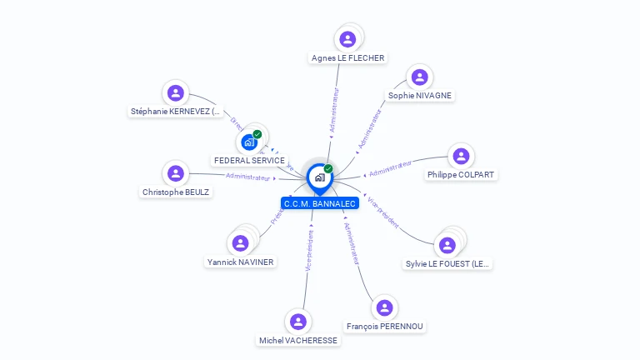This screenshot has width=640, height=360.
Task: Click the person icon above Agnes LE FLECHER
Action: pos(347,39)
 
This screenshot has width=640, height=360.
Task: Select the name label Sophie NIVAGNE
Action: pos(420,96)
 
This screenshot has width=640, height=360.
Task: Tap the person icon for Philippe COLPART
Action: pos(460,156)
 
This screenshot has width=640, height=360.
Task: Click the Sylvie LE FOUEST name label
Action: pos(447,264)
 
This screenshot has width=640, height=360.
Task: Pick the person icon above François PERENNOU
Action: pos(384,308)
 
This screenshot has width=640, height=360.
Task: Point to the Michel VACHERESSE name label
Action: pos(298,341)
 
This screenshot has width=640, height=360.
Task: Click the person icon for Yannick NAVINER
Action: pos(240,243)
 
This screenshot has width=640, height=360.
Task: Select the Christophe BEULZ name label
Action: pos(176,192)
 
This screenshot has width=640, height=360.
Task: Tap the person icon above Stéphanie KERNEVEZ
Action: pos(175,92)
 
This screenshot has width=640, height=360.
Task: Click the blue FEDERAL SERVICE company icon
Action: pos(248,142)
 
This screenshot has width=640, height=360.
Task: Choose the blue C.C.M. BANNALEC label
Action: pos(320,203)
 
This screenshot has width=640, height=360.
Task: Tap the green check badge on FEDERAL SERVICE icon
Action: pos(257,134)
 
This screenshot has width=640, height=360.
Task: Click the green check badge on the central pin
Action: pos(328,169)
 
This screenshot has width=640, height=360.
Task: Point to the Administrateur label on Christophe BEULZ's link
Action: pos(248,177)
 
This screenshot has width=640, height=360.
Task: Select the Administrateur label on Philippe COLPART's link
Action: pos(390,168)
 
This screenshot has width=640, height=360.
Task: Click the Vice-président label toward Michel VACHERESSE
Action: pos(309,251)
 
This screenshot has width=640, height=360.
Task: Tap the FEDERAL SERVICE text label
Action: pos(249,160)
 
